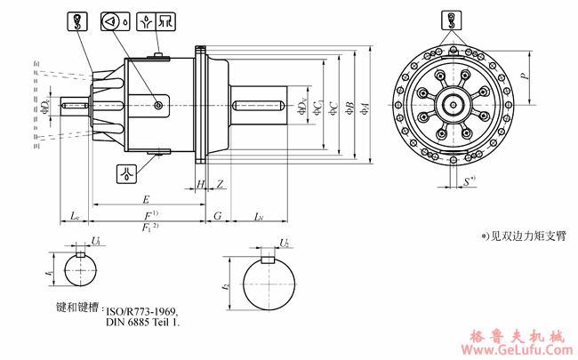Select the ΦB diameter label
click(349, 108)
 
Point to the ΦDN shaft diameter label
click(303, 108)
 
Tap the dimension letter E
click(146, 199)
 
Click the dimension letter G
click(218, 216)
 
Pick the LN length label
click(258, 216)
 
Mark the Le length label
click(76, 216)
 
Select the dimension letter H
click(200, 185)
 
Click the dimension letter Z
click(220, 185)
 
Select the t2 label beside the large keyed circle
click(226, 286)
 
